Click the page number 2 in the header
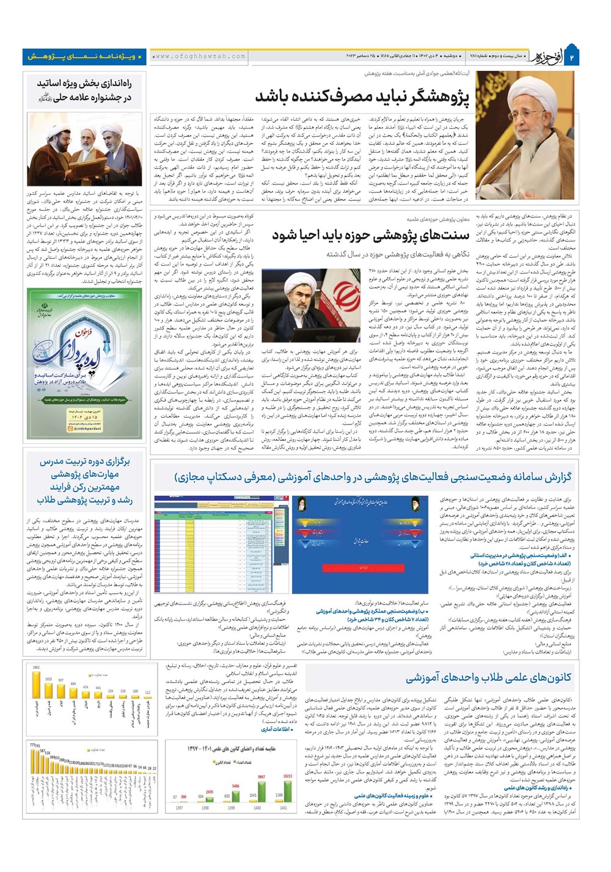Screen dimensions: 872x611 (x=573, y=57)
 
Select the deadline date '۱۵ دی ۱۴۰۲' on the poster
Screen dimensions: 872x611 (x=85, y=417)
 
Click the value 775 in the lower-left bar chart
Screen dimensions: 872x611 (x=33, y=746)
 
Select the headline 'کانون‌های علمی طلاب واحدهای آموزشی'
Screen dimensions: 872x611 (x=489, y=677)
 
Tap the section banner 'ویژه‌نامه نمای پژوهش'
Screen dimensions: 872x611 (x=85, y=57)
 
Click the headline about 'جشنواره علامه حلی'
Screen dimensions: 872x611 (x=84, y=90)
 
